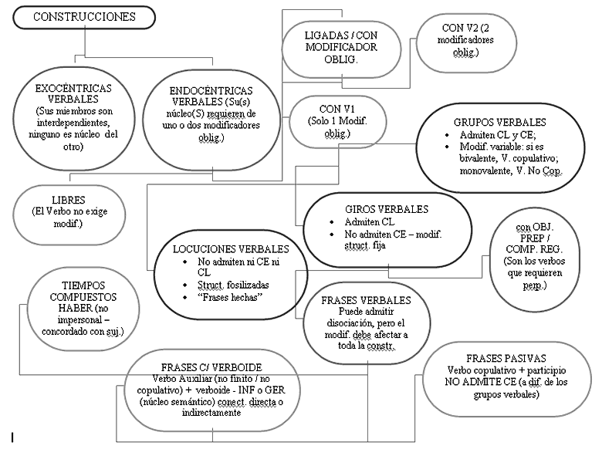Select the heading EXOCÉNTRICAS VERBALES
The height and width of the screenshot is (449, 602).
pos(73,93)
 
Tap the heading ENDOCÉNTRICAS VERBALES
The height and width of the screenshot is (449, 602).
pos(211,96)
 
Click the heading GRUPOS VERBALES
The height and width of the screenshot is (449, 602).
pos(499,123)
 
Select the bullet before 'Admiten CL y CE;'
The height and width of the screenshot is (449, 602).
pos(447,135)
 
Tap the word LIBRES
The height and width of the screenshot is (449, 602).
pos(69,200)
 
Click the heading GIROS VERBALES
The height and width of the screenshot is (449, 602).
pos(386,209)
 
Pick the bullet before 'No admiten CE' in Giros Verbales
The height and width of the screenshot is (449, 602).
pos(332,235)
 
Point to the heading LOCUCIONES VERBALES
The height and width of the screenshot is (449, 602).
pos(231,249)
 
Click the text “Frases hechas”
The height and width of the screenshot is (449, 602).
pos(230,297)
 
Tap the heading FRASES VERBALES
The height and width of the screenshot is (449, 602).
pos(366,300)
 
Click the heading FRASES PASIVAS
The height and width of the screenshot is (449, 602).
pos(506,359)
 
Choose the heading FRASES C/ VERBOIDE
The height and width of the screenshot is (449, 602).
pos(211,368)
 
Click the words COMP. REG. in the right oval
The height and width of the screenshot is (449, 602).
pos(534,249)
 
